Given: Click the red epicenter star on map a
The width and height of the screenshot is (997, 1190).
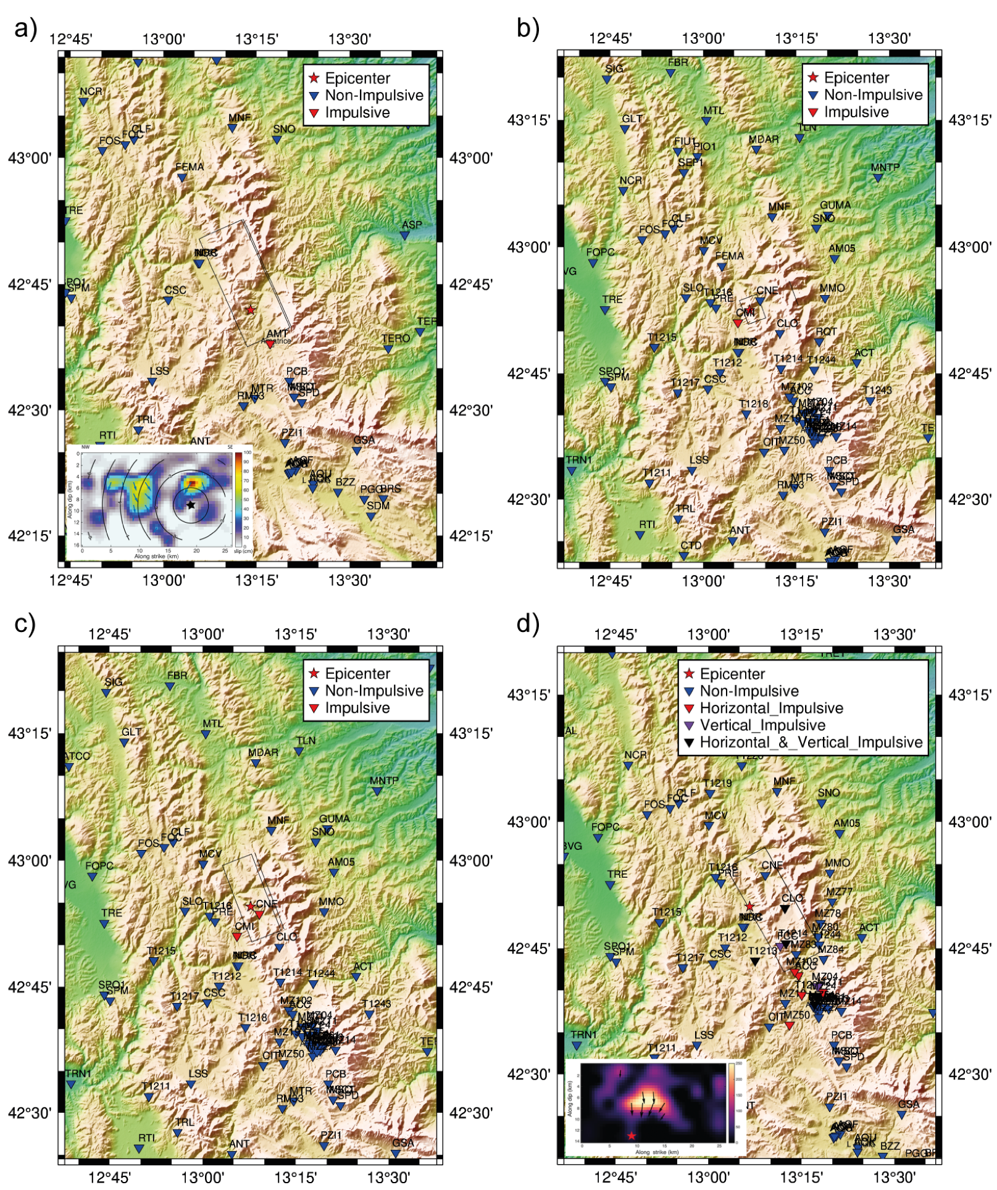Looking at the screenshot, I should [x=250, y=310].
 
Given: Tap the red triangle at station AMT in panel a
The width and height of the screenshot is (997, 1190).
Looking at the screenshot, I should [x=269, y=344].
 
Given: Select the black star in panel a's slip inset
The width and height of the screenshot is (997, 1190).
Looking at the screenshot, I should [x=191, y=505].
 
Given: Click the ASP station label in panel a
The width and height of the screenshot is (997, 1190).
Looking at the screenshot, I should [x=412, y=225].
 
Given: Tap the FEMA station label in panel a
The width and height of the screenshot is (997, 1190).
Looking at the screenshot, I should [x=190, y=167].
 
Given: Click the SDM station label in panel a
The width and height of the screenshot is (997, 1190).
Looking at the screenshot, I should [x=378, y=506].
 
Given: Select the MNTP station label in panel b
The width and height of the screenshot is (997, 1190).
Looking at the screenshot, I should [x=885, y=167].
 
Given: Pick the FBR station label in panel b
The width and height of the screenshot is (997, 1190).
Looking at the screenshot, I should [x=677, y=62].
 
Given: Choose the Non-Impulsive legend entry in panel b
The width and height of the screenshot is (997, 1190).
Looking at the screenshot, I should [x=873, y=95].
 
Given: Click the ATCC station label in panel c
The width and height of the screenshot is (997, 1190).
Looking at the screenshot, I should [x=77, y=756].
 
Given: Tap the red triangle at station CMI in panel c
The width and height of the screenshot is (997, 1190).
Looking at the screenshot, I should [x=236, y=936].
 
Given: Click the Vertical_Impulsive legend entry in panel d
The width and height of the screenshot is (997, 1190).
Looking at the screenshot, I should [x=762, y=725].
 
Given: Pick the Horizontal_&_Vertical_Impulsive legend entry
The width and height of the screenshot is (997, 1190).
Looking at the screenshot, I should [x=811, y=742].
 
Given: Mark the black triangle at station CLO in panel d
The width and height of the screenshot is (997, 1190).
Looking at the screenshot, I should [x=785, y=909].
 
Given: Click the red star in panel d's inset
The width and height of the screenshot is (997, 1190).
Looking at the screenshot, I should [x=631, y=1136].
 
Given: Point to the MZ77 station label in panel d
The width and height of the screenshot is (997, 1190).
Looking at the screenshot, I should [x=839, y=891].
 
